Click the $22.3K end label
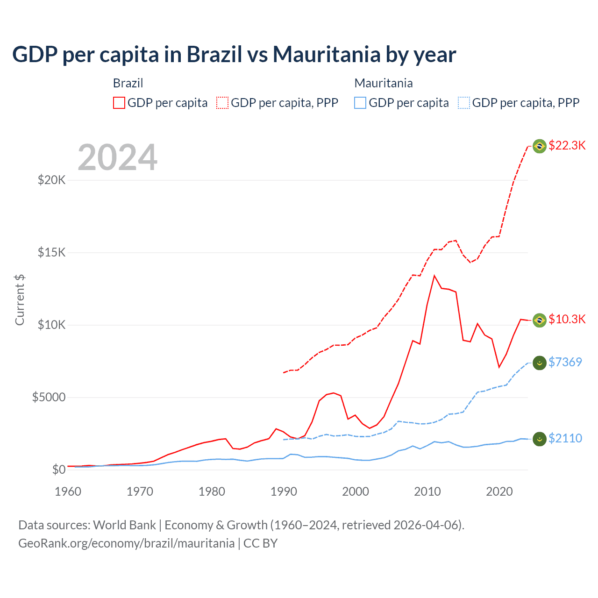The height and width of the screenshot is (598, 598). pyautogui.click(x=567, y=145)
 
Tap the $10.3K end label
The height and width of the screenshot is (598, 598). pyautogui.click(x=567, y=319)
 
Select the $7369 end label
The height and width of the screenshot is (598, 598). pyautogui.click(x=565, y=362)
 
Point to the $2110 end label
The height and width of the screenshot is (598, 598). pyautogui.click(x=565, y=438)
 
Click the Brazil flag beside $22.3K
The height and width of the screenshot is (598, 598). pyautogui.click(x=540, y=146)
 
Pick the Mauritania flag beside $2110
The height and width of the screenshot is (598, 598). pyautogui.click(x=540, y=439)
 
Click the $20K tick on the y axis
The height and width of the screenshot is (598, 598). pyautogui.click(x=51, y=180)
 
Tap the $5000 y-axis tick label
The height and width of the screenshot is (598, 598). pyautogui.click(x=49, y=397)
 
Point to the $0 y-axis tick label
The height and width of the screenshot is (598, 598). pyautogui.click(x=58, y=470)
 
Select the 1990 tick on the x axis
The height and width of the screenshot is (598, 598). pyautogui.click(x=284, y=491)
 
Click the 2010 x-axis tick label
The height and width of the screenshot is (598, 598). pyautogui.click(x=427, y=491)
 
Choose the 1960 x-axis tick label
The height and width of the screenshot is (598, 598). pyautogui.click(x=68, y=491)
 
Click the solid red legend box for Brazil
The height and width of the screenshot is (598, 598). pyautogui.click(x=119, y=103)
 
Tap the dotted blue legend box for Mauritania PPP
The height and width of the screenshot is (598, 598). pyautogui.click(x=464, y=103)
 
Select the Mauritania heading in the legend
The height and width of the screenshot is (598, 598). pyautogui.click(x=384, y=83)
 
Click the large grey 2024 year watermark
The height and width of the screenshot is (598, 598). pyautogui.click(x=117, y=157)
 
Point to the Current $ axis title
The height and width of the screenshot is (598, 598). pyautogui.click(x=20, y=299)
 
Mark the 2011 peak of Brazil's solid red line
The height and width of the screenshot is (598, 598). pyautogui.click(x=434, y=276)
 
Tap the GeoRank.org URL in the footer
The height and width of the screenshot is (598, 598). pyautogui.click(x=126, y=543)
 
